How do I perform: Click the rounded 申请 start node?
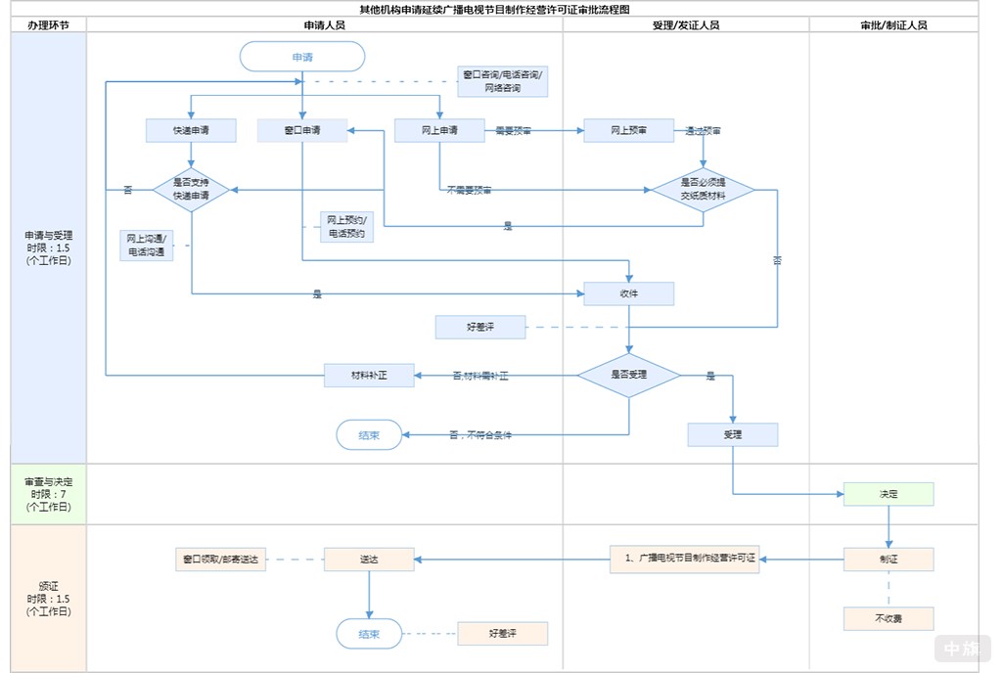302,57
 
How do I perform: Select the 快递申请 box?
191,130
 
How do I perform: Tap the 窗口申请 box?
302,130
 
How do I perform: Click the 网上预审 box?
628,130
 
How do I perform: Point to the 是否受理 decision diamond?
628,375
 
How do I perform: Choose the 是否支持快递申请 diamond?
191,189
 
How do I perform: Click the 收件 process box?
628,293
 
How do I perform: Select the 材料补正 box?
369,375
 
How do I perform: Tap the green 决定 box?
888,494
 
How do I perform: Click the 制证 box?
888,560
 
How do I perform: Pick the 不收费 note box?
888,618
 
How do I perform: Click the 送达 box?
369,560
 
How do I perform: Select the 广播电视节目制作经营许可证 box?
684,560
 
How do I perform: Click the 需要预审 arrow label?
513,130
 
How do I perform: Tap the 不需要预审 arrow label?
470,190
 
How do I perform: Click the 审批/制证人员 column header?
893,25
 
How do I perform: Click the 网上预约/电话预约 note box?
345,227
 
